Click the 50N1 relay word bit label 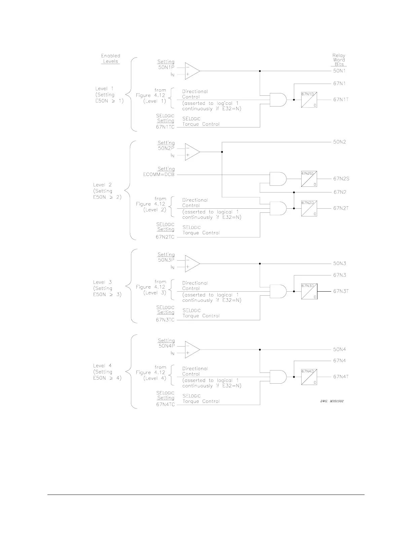point(339,71)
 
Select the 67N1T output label point(341,99)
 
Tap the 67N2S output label point(341,179)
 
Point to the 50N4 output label point(339,350)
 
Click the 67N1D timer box point(309,100)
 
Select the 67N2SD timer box point(309,179)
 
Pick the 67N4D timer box point(309,377)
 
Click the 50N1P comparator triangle point(192,71)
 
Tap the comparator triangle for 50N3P point(192,264)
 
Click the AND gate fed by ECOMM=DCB point(278,179)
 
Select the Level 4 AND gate point(278,377)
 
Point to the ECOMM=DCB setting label point(159,175)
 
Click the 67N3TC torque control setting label point(165,320)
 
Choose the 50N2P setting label point(166,148)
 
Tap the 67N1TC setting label point(165,127)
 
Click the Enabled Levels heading point(110,58)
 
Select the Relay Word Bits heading point(339,60)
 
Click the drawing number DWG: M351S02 point(332,401)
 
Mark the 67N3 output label point(339,275)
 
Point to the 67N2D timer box point(309,208)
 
